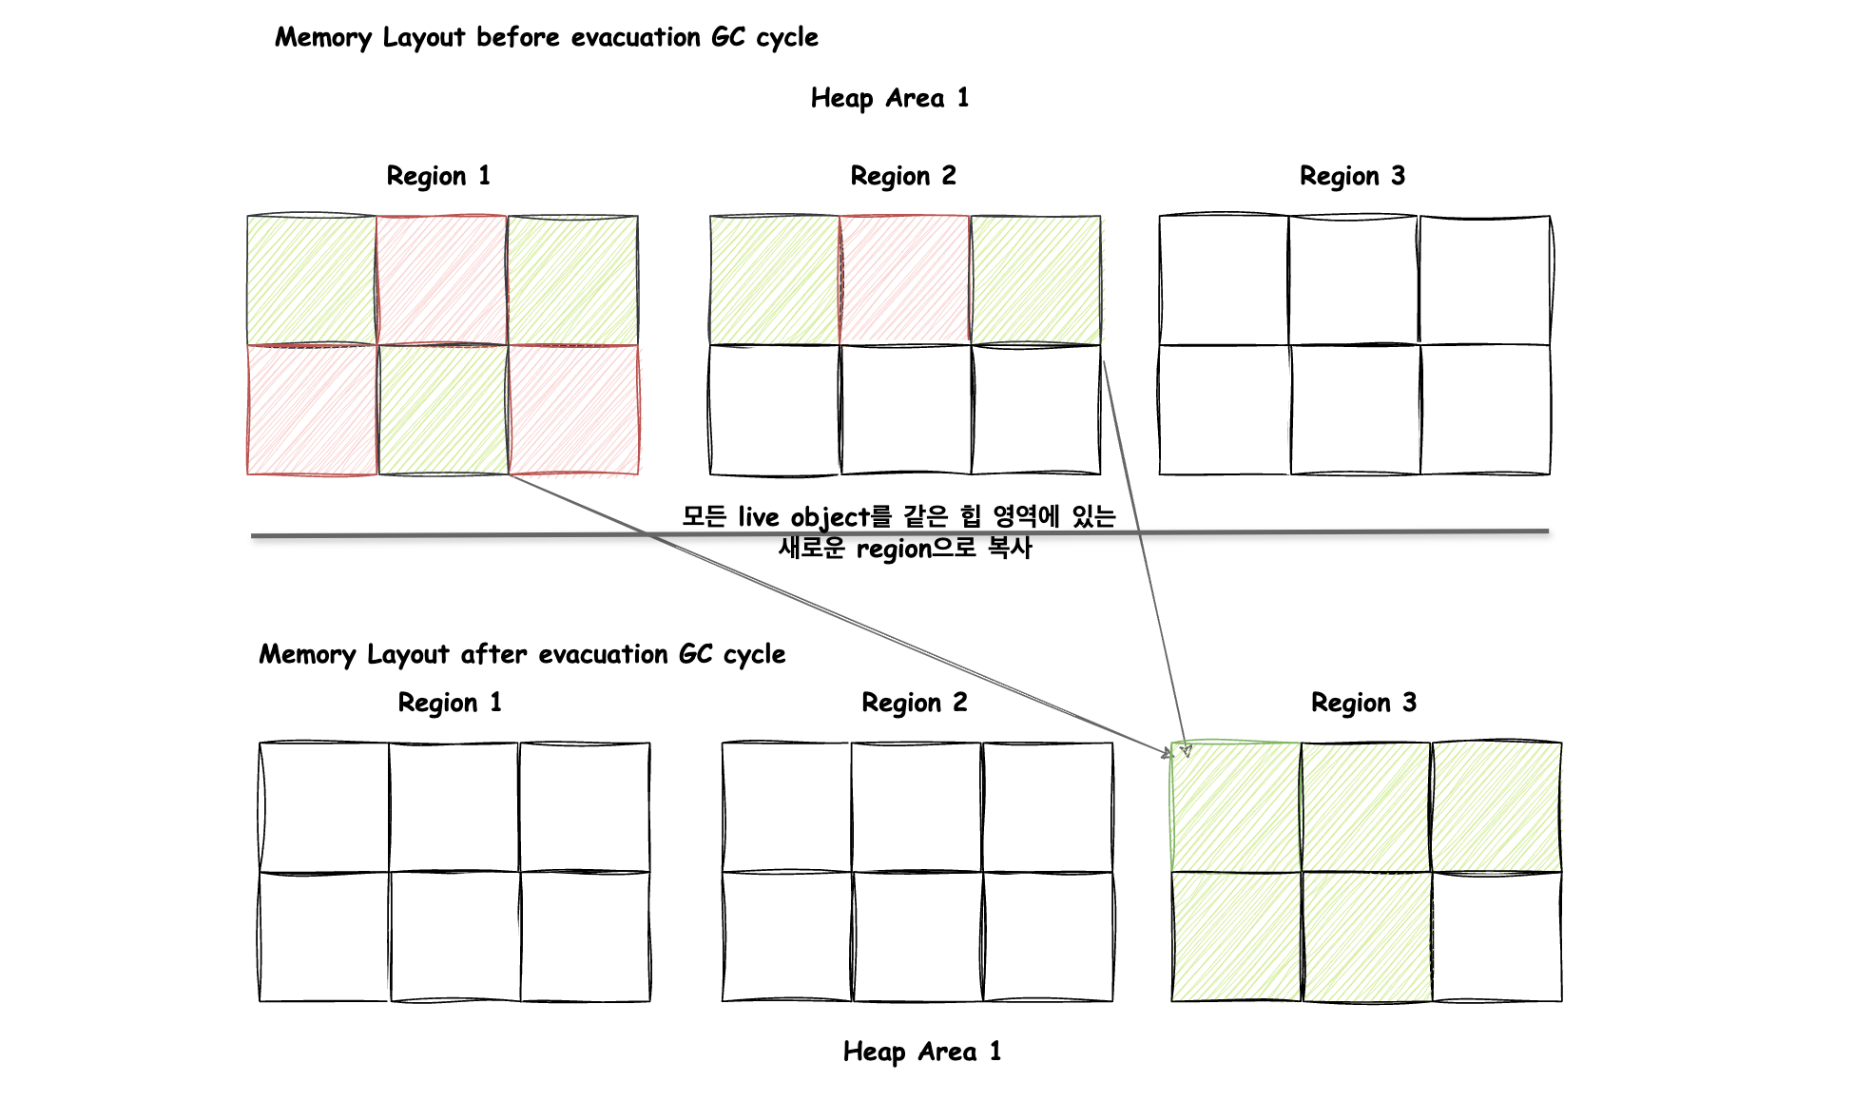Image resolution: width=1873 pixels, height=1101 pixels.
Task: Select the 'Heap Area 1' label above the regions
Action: [890, 98]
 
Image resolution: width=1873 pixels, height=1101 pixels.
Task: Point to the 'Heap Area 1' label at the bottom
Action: [922, 1052]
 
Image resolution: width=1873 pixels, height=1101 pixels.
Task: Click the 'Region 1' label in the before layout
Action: [438, 176]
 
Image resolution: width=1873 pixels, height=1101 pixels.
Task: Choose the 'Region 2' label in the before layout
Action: [903, 176]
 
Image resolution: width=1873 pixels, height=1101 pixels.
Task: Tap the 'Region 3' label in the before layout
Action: [1352, 176]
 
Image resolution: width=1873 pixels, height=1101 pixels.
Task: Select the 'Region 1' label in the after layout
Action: [450, 703]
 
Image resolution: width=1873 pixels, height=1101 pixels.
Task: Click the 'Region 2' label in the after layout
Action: [915, 703]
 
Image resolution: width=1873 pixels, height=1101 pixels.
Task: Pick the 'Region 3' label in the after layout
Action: [1363, 703]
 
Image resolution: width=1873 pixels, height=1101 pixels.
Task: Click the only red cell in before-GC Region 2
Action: [904, 280]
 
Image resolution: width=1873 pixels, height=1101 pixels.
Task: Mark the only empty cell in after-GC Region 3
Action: [1496, 937]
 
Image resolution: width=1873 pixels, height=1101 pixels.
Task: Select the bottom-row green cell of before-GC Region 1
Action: [443, 409]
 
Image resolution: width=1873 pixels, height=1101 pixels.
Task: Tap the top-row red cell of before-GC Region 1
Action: [442, 280]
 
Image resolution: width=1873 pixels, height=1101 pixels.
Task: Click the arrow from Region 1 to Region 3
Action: [840, 615]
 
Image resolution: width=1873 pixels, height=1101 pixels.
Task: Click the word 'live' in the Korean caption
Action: [758, 517]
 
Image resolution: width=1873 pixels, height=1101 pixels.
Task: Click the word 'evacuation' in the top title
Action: [635, 37]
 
